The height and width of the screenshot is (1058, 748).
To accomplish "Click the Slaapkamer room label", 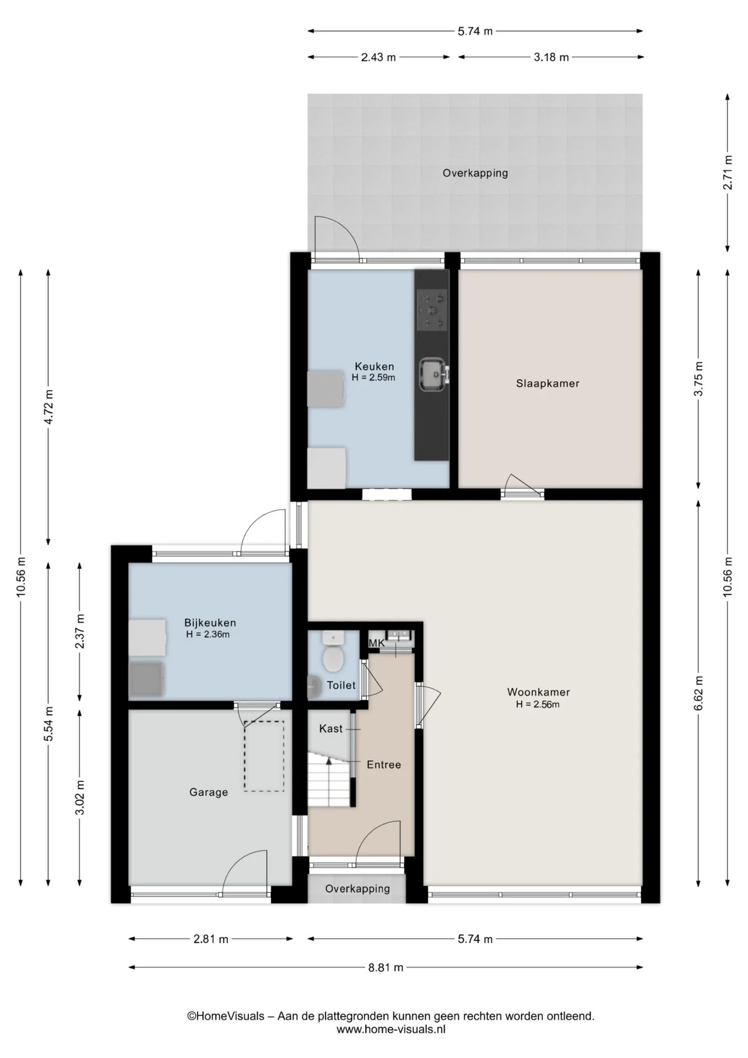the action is tap(548, 384).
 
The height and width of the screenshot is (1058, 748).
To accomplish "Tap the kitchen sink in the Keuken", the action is tap(433, 374).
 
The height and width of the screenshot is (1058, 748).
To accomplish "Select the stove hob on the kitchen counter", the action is tap(432, 311).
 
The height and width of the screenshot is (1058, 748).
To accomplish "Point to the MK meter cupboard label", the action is tap(376, 643).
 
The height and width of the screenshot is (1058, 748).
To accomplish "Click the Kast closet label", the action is tap(331, 728).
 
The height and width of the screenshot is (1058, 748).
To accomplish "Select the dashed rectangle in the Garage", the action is tap(264, 756).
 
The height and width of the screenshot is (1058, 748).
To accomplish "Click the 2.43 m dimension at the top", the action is tap(378, 57).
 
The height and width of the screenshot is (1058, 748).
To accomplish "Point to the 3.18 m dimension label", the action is tap(551, 57).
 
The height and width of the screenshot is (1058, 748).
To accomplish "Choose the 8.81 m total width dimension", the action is tap(386, 967).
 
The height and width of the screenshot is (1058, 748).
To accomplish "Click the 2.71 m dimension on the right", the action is tap(728, 172).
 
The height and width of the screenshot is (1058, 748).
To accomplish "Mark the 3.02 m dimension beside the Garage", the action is tap(80, 797).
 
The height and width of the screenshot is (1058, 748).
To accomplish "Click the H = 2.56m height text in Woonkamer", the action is tap(538, 704).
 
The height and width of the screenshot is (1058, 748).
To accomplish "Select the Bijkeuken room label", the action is tap(210, 623).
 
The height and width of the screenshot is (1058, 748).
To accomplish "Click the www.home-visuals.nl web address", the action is tap(391, 1029).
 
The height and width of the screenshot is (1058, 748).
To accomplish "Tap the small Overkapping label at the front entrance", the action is tap(357, 888).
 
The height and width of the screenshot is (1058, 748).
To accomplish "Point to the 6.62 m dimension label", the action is tap(698, 693).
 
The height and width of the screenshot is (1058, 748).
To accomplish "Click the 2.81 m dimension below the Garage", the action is tap(211, 939).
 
